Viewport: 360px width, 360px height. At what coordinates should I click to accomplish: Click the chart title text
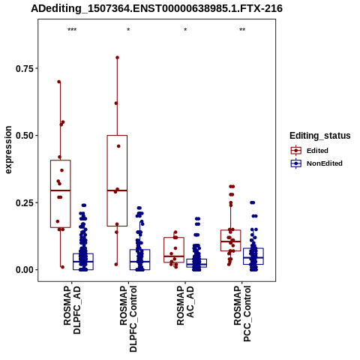(157, 9)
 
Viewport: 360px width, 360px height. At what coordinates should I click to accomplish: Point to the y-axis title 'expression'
(8, 150)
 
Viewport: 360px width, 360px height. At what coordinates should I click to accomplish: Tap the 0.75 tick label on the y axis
(25, 68)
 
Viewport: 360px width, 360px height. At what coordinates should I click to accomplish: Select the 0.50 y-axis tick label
(25, 136)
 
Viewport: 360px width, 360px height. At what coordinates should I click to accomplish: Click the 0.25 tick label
(25, 202)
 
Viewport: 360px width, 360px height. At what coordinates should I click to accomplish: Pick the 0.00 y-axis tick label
(25, 270)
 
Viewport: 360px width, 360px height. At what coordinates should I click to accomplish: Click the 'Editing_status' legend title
(320, 136)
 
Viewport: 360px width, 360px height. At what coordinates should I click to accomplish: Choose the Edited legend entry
(317, 151)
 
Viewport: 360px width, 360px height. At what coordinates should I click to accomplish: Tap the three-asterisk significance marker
(72, 30)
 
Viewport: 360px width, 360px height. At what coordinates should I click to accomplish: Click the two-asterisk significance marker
(242, 30)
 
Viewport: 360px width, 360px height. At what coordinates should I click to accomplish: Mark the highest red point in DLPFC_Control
(117, 58)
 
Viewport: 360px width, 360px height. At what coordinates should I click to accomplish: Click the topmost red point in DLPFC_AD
(59, 82)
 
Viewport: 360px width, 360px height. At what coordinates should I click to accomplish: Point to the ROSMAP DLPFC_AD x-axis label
(72, 310)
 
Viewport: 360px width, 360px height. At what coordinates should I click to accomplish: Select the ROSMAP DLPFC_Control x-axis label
(128, 319)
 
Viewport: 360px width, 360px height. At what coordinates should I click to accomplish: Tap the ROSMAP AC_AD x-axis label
(185, 305)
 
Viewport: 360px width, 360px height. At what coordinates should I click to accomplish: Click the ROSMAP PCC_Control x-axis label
(242, 313)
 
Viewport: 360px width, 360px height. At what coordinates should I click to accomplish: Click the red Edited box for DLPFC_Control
(117, 136)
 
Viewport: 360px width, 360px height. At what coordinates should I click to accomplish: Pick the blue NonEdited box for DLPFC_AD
(83, 253)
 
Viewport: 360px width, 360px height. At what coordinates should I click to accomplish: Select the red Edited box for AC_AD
(174, 238)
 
